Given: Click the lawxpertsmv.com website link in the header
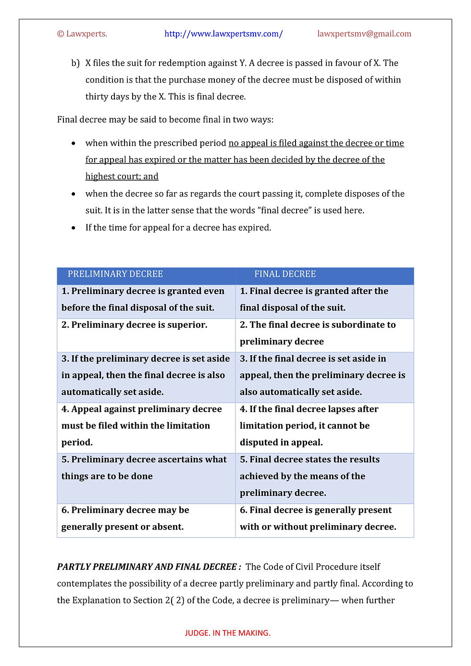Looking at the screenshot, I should (x=223, y=34).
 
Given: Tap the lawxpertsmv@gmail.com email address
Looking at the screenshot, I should (x=364, y=34).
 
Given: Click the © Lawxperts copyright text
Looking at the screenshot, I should (x=82, y=34).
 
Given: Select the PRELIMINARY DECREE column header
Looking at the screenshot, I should (x=115, y=274).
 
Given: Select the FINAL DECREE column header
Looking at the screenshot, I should (x=285, y=274).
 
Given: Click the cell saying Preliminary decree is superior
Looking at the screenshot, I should (x=135, y=325).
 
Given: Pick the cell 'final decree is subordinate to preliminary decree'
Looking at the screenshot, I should (x=318, y=333).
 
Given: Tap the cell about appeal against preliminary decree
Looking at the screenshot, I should (x=141, y=426).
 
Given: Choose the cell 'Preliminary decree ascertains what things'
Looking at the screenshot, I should (x=144, y=468).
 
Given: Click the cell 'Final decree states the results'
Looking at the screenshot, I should (x=310, y=476).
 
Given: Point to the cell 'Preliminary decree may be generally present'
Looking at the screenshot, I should (x=125, y=518).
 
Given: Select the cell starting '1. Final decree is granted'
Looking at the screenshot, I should (x=314, y=299).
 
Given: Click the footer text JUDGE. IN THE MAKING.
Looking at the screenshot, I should (x=227, y=633).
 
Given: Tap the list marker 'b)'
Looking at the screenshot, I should (x=75, y=63).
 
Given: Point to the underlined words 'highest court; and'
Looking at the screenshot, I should (x=122, y=176).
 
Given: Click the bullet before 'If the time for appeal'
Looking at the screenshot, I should (x=74, y=228).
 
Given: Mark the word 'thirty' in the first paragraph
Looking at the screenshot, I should (x=96, y=97).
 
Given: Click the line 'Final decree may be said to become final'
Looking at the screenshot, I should (x=165, y=120).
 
